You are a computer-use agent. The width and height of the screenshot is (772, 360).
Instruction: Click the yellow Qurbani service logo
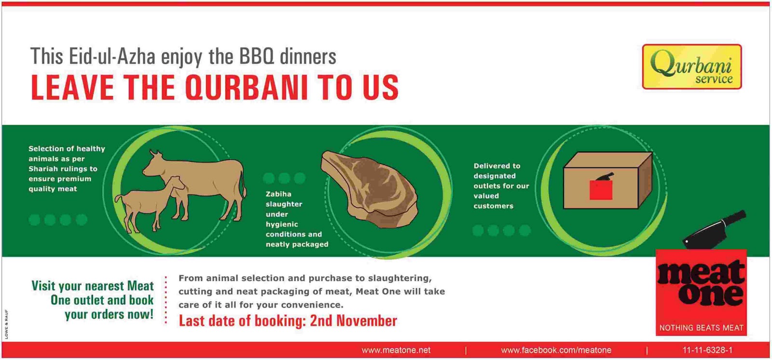pos(692,67)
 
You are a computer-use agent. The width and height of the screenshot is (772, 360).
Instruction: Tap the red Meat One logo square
pos(701,292)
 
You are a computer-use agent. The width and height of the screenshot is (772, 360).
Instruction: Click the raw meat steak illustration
pos(369,189)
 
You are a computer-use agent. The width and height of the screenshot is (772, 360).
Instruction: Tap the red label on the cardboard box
pos(601,190)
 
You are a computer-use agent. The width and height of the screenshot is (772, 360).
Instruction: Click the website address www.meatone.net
pos(396,350)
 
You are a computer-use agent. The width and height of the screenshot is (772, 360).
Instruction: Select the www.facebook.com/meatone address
pos(556,350)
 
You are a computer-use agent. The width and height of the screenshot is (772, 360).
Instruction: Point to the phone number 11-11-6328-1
pos(707,350)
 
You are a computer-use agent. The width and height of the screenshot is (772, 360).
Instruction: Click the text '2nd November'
pos(353,321)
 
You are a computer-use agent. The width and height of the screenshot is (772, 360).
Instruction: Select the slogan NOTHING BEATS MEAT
pos(702,328)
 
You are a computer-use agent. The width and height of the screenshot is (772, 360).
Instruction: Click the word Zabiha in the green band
pos(278,194)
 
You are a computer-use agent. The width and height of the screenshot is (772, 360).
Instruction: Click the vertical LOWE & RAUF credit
pos(6,324)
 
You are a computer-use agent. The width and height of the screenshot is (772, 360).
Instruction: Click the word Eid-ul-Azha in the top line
pos(112,56)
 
